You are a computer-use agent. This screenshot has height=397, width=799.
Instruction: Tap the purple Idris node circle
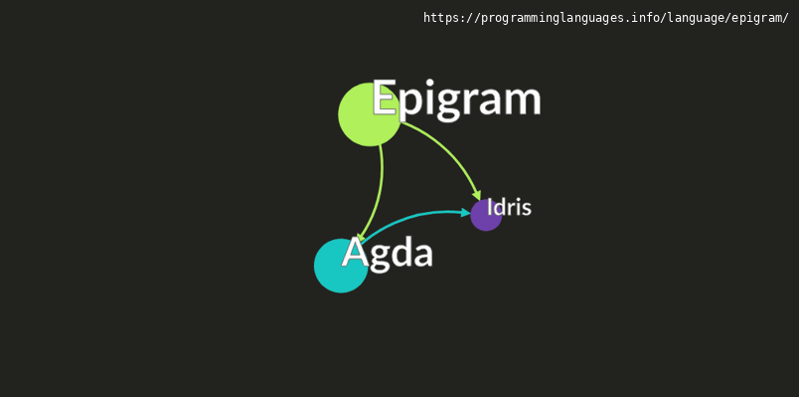[484, 217]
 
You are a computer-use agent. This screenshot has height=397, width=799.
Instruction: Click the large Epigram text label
[456, 99]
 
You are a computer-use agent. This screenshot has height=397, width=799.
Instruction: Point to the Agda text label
[388, 253]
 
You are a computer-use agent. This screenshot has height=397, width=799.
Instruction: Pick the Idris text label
[509, 207]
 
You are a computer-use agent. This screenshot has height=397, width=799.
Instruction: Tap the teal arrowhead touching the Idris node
[465, 212]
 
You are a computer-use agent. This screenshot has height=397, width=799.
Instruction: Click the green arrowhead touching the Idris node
[477, 194]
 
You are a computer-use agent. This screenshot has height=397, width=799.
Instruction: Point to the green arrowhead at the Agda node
[360, 239]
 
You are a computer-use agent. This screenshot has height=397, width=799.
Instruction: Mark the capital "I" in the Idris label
[489, 207]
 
